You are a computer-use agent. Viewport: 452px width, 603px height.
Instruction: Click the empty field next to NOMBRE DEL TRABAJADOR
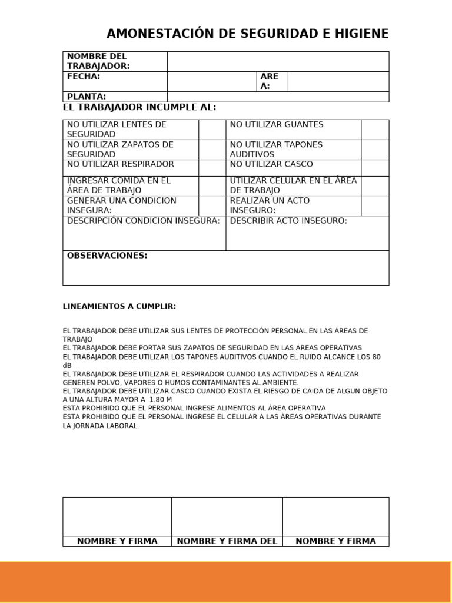278,61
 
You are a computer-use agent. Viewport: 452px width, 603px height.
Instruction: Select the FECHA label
84,77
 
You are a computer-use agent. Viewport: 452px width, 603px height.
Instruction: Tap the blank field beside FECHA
211,81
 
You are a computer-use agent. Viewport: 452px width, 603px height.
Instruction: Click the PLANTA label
87,97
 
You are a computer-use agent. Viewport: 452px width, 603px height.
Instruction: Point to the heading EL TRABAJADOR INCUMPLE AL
139,107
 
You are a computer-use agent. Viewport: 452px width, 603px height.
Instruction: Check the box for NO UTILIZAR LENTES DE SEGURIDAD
212,130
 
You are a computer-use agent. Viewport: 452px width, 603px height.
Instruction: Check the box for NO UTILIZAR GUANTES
374,130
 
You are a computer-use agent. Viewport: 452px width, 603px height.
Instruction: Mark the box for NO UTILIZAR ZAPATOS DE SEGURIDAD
212,150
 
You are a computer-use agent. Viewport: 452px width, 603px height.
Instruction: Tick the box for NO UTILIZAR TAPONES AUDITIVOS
374,150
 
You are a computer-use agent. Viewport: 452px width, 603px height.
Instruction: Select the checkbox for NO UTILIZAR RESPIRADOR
212,168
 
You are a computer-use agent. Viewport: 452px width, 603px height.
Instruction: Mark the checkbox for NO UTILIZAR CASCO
374,168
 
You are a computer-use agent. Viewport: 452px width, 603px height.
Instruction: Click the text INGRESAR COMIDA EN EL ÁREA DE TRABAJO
118,185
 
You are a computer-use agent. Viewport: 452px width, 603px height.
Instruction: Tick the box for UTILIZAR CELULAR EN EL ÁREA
374,185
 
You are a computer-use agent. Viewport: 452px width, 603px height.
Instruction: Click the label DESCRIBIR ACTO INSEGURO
288,221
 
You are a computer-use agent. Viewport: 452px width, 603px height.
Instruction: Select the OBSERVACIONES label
107,256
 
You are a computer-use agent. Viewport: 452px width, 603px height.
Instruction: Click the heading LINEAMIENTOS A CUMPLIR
119,307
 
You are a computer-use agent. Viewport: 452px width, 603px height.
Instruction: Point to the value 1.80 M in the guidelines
160,399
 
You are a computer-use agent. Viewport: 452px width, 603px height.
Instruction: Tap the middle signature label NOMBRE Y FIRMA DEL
227,541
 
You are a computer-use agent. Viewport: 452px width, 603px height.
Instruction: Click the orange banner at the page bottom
226,581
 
